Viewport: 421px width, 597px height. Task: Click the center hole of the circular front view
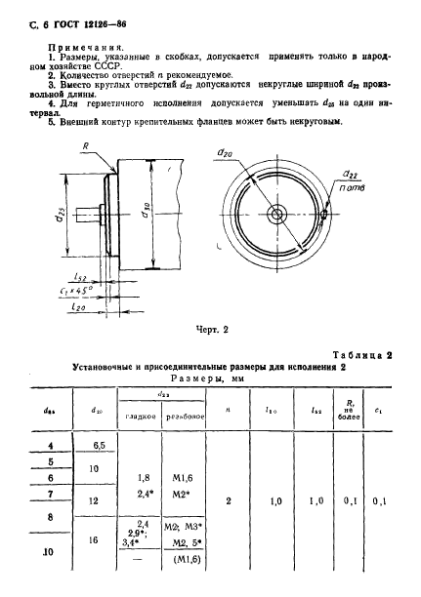(x=278, y=215)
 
